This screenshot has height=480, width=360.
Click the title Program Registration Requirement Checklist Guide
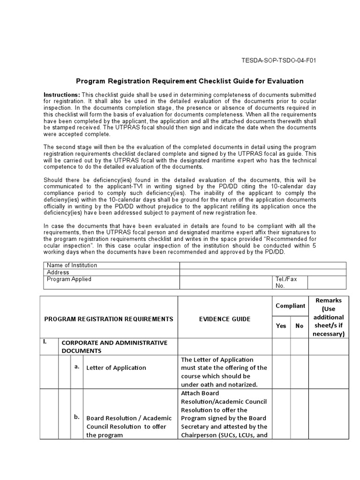(190, 81)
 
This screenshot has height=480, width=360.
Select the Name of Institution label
(72, 265)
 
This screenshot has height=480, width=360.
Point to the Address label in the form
(58, 272)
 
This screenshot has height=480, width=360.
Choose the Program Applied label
(69, 279)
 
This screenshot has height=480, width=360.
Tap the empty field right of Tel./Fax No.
(327, 282)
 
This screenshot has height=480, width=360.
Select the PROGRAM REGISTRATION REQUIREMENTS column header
(109, 319)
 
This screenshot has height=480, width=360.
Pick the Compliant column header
(290, 306)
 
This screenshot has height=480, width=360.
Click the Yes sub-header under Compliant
(281, 326)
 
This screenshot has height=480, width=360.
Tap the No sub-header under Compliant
(299, 326)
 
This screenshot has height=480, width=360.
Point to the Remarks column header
(329, 317)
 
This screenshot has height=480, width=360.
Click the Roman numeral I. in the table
(45, 342)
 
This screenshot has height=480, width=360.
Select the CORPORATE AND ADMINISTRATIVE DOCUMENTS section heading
(115, 346)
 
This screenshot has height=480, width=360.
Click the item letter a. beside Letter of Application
(76, 367)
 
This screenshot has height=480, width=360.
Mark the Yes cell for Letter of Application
(281, 372)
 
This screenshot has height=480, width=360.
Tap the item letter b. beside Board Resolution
(77, 417)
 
